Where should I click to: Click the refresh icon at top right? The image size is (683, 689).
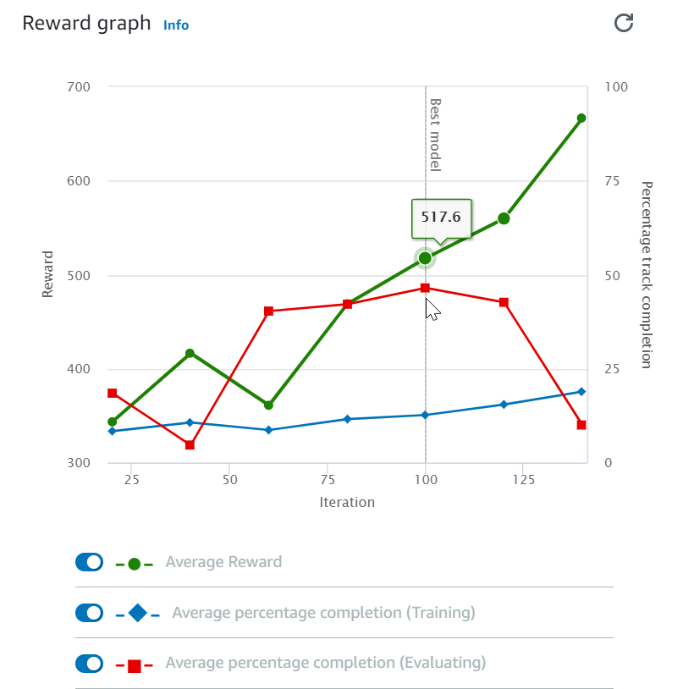click(624, 23)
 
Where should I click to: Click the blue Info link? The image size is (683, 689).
click(176, 25)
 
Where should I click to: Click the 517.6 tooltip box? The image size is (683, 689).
click(441, 218)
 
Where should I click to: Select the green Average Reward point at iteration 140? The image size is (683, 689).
click(581, 119)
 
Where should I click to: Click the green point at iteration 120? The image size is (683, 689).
click(504, 218)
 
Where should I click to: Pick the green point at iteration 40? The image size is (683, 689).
click(190, 353)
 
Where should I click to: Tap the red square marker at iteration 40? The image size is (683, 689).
click(190, 445)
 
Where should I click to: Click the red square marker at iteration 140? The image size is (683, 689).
click(581, 425)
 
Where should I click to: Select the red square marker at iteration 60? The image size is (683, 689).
click(268, 311)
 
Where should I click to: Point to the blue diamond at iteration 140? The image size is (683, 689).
click(581, 392)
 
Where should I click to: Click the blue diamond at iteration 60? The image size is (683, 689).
click(268, 430)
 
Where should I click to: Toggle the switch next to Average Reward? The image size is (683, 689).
click(89, 562)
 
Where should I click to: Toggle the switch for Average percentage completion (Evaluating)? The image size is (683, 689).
click(89, 664)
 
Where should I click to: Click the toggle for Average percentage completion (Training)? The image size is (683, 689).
click(89, 613)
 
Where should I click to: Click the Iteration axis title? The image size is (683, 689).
click(347, 502)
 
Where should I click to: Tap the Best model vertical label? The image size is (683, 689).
click(435, 135)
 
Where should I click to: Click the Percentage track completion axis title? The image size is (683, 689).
click(647, 274)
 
